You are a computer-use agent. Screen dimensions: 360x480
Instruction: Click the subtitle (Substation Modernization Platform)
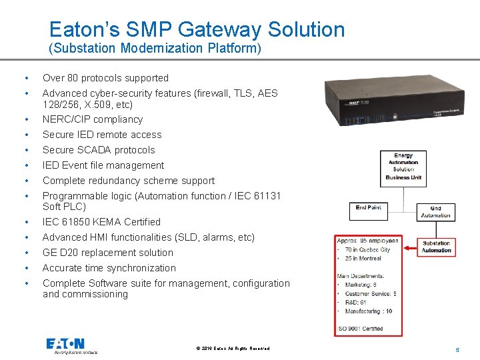point(155,49)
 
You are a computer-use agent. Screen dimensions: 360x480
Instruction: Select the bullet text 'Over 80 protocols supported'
point(105,78)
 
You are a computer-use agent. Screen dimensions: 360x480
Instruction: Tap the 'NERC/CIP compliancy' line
point(93,119)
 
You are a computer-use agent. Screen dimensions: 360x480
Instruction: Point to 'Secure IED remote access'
point(102,135)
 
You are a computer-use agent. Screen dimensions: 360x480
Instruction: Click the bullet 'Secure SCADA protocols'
point(99,150)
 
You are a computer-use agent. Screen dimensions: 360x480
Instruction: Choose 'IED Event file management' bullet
point(103,165)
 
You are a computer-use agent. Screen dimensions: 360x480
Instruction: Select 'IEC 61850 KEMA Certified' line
point(101,222)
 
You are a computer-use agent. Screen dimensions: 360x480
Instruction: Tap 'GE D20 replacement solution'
point(108,253)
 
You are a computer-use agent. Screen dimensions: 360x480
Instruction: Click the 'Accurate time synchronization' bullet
point(109,268)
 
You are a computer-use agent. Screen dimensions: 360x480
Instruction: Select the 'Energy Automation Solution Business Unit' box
point(403,166)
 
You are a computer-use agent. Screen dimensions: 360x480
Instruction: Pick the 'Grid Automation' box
point(435,212)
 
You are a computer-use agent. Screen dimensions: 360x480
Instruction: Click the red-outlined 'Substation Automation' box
point(437,247)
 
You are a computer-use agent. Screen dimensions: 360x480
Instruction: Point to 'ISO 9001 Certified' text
point(360,328)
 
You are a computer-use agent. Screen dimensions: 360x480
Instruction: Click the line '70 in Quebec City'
point(367,250)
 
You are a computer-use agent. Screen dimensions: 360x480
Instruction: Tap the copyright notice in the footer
point(234,349)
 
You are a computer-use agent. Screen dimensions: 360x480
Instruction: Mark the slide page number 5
point(457,349)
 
